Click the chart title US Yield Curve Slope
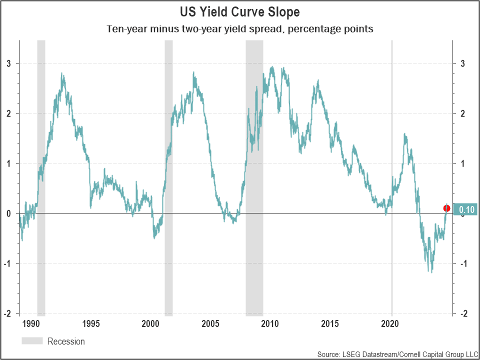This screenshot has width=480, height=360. point(240,11)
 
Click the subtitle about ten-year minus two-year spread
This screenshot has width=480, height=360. point(240,28)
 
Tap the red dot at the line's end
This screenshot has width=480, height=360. point(446,208)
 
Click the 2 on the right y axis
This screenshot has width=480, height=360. point(463,113)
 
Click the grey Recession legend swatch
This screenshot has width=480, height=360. point(32,341)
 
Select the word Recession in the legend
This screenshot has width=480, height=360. point(66,341)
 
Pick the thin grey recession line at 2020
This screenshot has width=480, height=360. point(391,150)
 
